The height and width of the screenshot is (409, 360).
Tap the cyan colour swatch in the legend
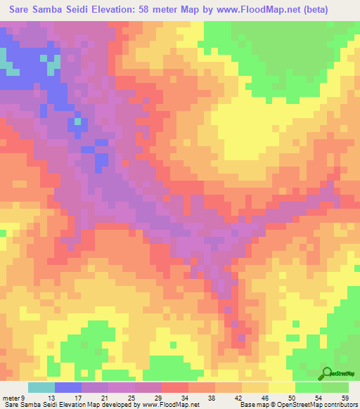click(41, 388)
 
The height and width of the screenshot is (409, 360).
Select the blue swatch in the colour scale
click(68, 388)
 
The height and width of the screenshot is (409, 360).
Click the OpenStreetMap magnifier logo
click(328, 374)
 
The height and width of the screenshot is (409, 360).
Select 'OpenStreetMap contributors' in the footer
click(319, 404)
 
